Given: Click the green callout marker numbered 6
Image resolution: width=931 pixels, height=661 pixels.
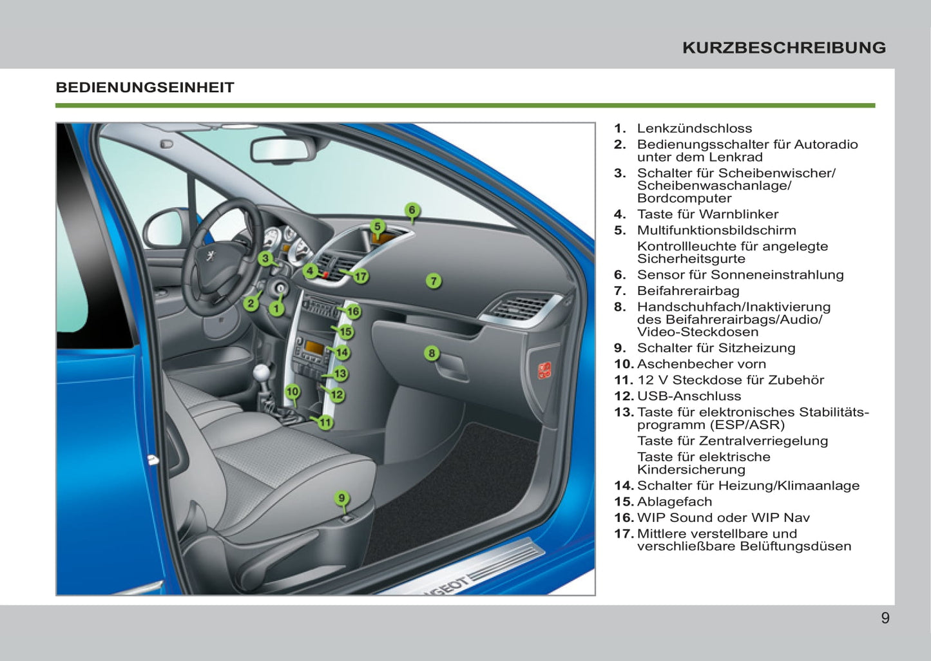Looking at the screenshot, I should click(x=412, y=210).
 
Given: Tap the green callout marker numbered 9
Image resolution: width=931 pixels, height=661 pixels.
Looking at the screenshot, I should click(x=341, y=498).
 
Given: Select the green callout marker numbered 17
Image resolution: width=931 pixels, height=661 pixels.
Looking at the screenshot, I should click(x=361, y=276).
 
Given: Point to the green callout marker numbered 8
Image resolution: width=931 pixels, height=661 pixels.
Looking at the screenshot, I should click(x=432, y=353).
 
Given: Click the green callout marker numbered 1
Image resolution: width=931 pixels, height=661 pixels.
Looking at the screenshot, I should click(x=276, y=309).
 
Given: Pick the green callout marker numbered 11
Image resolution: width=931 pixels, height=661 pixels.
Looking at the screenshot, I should click(x=325, y=423).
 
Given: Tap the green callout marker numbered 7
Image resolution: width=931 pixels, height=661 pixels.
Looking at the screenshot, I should click(x=434, y=281).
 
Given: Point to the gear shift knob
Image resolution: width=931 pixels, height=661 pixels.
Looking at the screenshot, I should click(x=262, y=374).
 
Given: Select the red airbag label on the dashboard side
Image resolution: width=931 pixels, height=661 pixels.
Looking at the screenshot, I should click(x=544, y=370).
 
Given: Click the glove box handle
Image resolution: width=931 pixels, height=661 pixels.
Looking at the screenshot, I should click(x=451, y=369).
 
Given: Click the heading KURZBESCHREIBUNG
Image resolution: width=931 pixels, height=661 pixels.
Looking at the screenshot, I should click(x=783, y=48).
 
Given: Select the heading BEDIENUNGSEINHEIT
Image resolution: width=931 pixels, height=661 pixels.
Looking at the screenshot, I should click(x=145, y=88).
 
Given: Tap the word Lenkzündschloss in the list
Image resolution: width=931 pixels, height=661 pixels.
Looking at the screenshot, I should click(x=695, y=129).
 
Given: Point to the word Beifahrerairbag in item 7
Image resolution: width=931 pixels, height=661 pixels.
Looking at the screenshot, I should click(x=688, y=291).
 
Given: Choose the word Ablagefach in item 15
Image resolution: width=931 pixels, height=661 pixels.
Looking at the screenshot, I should click(x=675, y=502).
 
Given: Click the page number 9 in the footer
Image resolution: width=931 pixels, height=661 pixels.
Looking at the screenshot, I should click(x=885, y=618).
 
